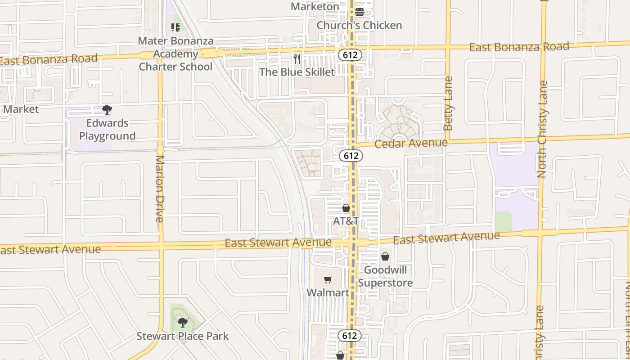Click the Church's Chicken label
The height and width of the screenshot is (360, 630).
(359, 25)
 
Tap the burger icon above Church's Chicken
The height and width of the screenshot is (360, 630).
(359, 12)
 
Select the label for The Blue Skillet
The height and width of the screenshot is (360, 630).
(297, 72)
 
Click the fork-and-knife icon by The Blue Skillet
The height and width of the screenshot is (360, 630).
(297, 58)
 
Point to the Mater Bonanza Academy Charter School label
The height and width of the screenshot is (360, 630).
(175, 54)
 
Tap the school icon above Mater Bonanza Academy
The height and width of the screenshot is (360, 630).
(175, 27)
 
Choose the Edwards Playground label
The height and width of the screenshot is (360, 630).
(107, 130)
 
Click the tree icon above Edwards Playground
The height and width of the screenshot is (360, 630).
(107, 110)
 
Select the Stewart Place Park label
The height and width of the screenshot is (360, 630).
(183, 336)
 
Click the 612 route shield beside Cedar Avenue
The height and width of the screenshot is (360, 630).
(351, 156)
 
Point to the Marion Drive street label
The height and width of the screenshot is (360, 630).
(160, 189)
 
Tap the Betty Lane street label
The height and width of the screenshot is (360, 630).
(448, 103)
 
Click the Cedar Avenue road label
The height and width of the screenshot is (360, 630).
(411, 144)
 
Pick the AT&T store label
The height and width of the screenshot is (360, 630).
(346, 221)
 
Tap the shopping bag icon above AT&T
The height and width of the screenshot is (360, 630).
(346, 208)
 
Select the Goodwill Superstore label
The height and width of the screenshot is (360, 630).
(385, 276)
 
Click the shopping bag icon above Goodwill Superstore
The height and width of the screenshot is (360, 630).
(385, 256)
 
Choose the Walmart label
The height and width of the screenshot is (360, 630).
(328, 292)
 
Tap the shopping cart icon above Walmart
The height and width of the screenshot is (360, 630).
(328, 279)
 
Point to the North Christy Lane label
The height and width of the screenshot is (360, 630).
(542, 129)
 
